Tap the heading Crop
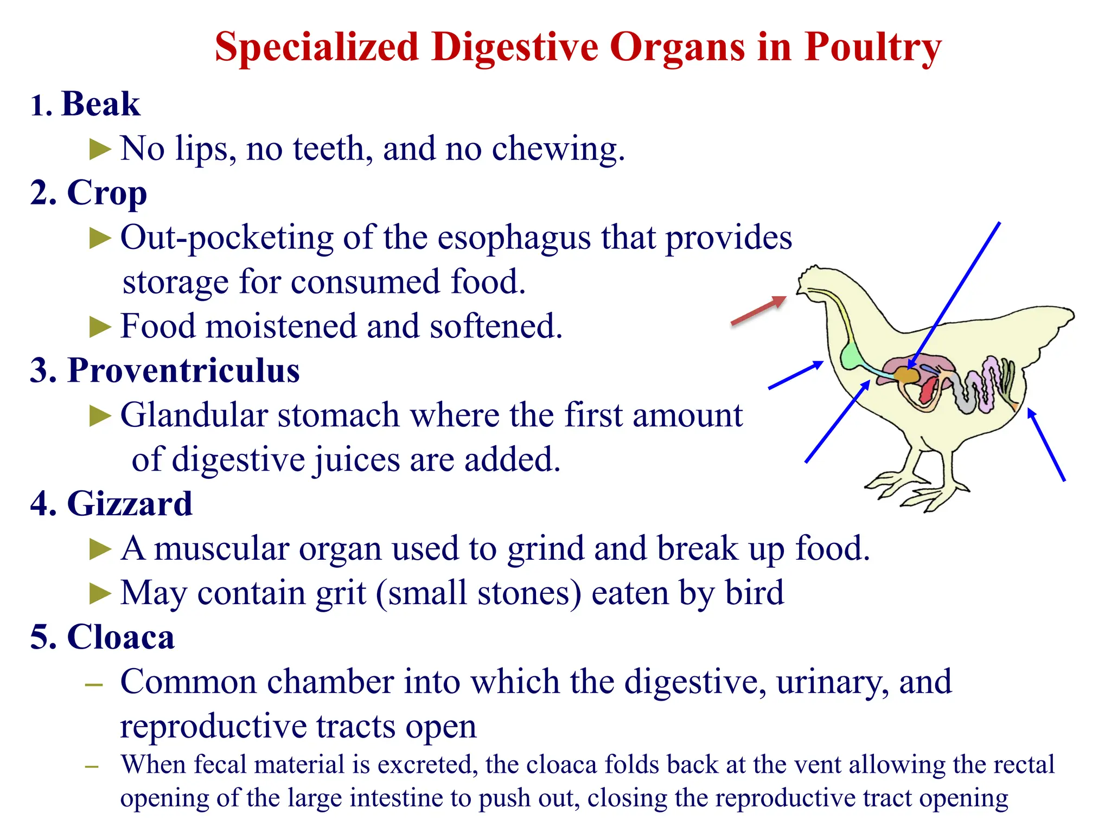(106, 193)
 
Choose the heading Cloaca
(120, 637)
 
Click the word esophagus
(514, 238)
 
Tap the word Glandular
(194, 415)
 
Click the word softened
(496, 326)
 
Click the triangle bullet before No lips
(100, 149)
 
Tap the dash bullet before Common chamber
(94, 685)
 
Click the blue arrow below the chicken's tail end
(1046, 445)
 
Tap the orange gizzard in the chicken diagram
(905, 375)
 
